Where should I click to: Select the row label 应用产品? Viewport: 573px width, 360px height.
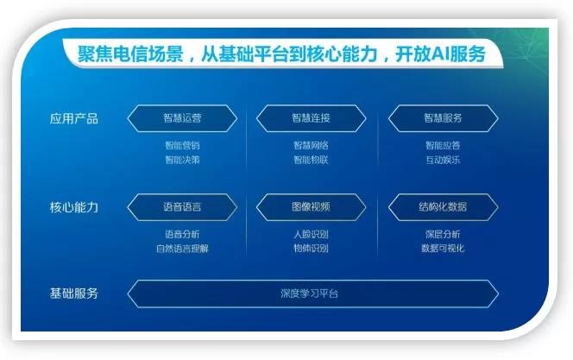[74, 118]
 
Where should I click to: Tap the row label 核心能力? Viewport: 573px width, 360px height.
[74, 207]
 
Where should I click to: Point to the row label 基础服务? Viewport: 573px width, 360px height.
[74, 294]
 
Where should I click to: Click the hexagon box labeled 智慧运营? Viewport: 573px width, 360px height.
[182, 118]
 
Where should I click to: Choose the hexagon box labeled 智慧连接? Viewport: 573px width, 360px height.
[311, 118]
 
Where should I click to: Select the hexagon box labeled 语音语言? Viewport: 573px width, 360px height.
[182, 207]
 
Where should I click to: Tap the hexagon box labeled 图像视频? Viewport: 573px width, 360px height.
[311, 207]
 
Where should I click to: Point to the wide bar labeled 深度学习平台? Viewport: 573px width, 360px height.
[311, 294]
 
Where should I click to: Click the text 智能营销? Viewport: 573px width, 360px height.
[182, 145]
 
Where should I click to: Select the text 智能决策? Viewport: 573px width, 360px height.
[182, 160]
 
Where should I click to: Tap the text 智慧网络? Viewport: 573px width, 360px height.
[311, 145]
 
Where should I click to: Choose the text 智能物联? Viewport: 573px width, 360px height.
[311, 160]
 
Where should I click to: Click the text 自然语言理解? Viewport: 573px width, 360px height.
[182, 249]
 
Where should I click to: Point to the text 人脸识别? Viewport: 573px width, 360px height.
[311, 234]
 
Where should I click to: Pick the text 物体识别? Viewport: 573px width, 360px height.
[311, 249]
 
